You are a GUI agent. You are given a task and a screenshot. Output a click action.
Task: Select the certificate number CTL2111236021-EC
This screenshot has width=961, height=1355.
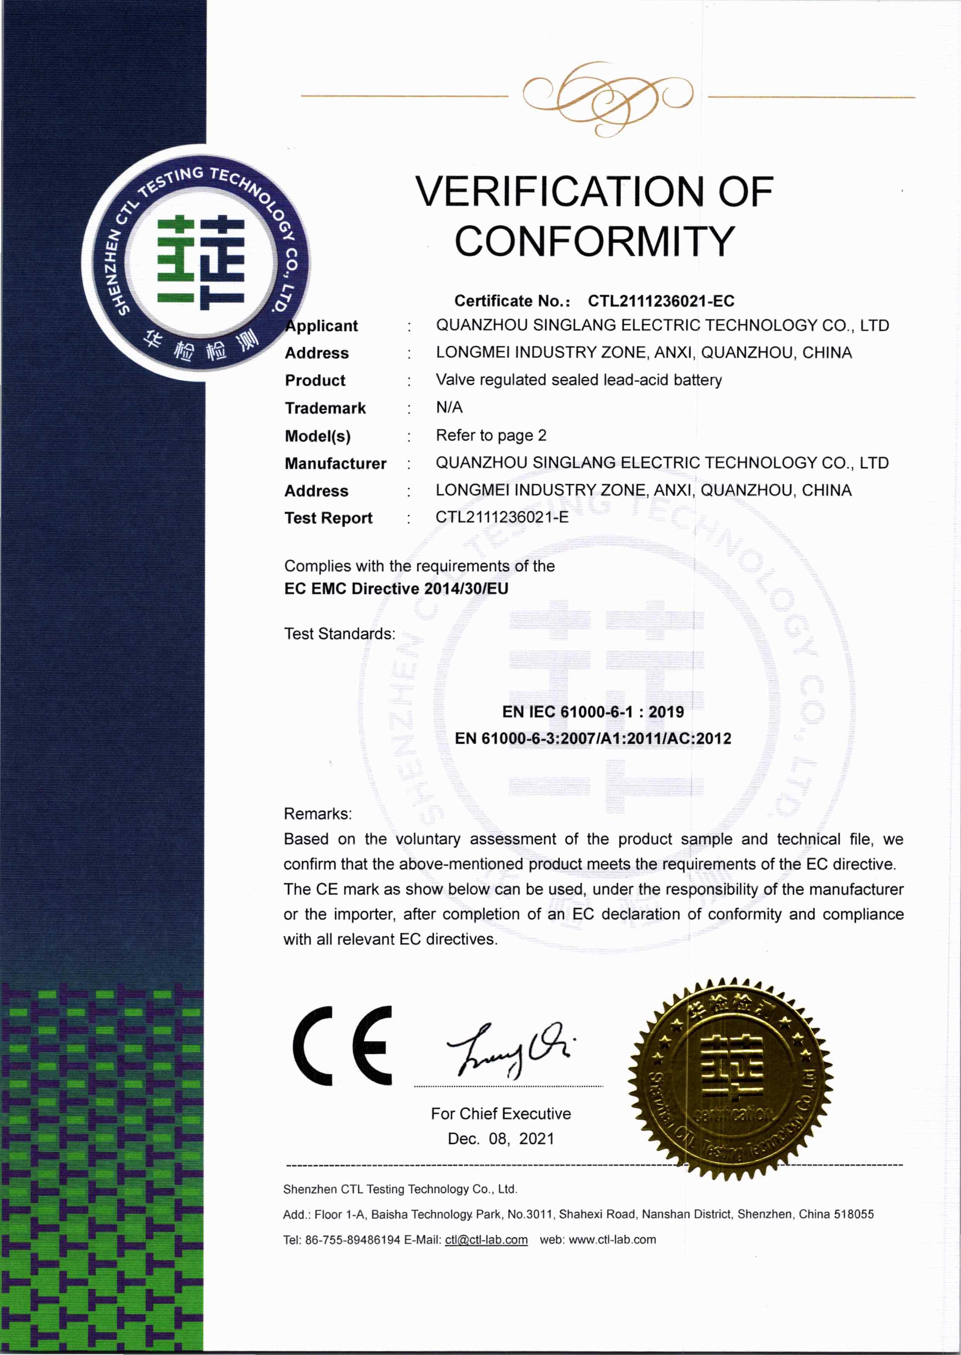[661, 301]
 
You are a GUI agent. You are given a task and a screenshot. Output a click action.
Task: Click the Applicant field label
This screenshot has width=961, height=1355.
[322, 326]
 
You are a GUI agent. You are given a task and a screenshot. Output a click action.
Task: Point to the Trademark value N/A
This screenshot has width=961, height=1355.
[449, 407]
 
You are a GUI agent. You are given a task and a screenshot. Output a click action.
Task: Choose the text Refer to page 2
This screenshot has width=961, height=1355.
[490, 436]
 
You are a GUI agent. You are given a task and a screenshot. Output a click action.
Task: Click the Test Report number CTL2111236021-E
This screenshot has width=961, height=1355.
[502, 517]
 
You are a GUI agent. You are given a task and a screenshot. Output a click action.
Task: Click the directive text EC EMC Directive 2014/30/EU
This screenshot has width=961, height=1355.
[396, 589]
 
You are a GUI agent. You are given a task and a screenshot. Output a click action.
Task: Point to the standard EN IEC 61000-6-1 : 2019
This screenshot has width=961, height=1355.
[593, 712]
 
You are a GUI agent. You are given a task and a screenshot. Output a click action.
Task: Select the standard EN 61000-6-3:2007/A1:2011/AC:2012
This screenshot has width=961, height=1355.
[593, 738]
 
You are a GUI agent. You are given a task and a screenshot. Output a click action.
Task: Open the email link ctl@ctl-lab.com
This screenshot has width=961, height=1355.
[486, 1239]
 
